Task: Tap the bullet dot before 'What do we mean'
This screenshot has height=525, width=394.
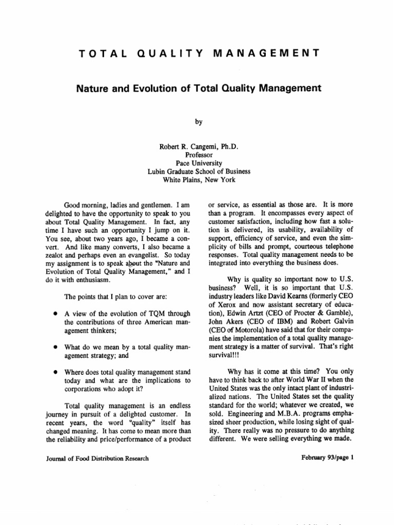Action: coord(54,347)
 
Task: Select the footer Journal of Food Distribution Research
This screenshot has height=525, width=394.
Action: coord(90,458)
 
